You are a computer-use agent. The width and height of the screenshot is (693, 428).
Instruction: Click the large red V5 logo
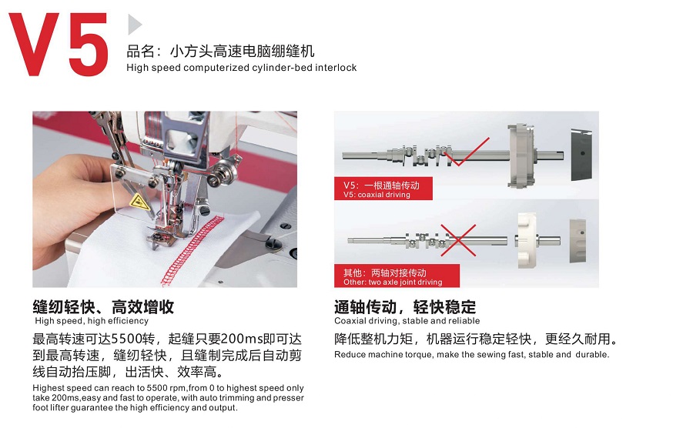pyautogui.click(x=59, y=44)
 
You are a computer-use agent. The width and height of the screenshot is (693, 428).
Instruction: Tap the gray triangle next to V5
pyautogui.click(x=135, y=25)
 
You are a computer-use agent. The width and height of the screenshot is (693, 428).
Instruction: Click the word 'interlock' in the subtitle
pyautogui.click(x=336, y=68)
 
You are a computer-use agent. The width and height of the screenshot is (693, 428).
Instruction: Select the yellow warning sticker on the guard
pyautogui.click(x=139, y=202)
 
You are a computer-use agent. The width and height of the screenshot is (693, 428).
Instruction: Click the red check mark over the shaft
pyautogui.click(x=467, y=152)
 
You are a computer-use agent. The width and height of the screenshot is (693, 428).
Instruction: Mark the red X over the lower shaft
pyautogui.click(x=458, y=240)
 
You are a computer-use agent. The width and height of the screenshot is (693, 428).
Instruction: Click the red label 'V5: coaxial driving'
pyautogui.click(x=383, y=189)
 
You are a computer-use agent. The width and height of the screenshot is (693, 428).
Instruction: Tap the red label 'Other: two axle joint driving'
pyautogui.click(x=397, y=276)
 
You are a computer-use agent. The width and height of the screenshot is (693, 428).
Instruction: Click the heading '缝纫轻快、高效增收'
pyautogui.click(x=103, y=306)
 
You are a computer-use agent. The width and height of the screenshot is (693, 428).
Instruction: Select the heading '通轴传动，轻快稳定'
pyautogui.click(x=405, y=306)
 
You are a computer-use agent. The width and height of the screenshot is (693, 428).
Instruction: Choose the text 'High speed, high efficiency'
pyautogui.click(x=92, y=321)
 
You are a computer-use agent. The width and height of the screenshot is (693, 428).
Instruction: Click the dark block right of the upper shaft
pyautogui.click(x=581, y=155)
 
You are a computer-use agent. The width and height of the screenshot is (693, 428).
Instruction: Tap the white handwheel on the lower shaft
pyautogui.click(x=527, y=240)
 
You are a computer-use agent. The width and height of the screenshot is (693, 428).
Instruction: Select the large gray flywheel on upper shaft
pyautogui.click(x=521, y=155)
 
